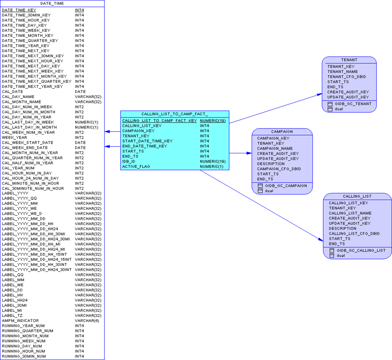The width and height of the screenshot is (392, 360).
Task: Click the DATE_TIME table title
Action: tap(52, 3)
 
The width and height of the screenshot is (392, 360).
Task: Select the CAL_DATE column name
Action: tap(12, 92)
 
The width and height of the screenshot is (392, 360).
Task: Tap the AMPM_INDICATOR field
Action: tap(20, 321)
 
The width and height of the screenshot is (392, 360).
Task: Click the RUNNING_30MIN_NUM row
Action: tap(24, 356)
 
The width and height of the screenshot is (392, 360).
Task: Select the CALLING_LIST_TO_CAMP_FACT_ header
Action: tap(175, 114)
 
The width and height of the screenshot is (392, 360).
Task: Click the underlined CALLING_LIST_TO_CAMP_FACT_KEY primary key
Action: tap(159, 121)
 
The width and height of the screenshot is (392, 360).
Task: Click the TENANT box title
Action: tap(349, 60)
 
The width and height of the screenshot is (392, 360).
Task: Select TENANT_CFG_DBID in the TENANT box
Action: tap(346, 77)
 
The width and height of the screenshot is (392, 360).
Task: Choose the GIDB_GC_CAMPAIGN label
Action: tap(286, 186)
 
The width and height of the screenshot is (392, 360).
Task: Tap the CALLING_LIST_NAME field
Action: tap(350, 213)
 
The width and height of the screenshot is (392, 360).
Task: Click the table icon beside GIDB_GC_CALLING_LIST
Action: tap(332, 251)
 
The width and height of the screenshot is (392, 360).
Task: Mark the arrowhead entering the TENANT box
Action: tap(319, 95)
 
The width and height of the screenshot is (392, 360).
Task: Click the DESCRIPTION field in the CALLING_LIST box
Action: tap(342, 229)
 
